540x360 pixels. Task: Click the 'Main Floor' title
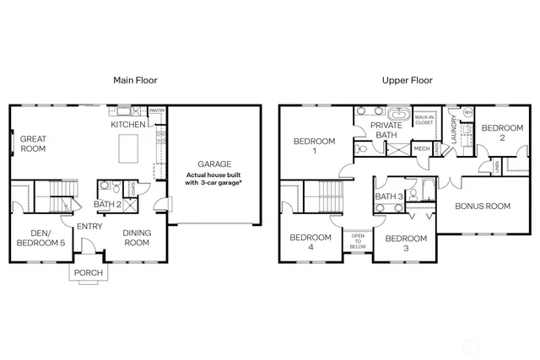coord(136,80)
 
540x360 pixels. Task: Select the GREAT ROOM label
coord(33,143)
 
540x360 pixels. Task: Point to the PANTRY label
coord(157,110)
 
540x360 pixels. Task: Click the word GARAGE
coord(214,164)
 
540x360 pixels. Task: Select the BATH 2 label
coord(108,204)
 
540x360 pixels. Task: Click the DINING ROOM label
coord(137,238)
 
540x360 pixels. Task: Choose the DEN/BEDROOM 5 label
coord(37,238)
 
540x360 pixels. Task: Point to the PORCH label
coord(89,272)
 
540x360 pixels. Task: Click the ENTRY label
coord(89,226)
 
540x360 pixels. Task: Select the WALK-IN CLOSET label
coord(424,120)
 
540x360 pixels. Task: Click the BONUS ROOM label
coord(483,206)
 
